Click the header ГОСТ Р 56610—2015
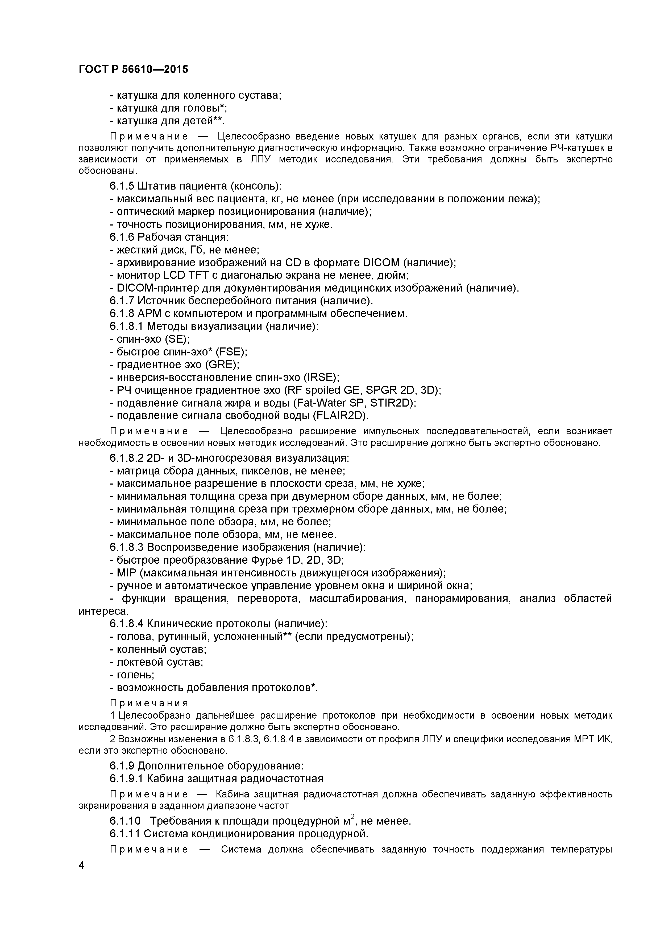click(x=133, y=69)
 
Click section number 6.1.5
click(x=122, y=186)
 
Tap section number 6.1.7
click(x=122, y=301)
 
